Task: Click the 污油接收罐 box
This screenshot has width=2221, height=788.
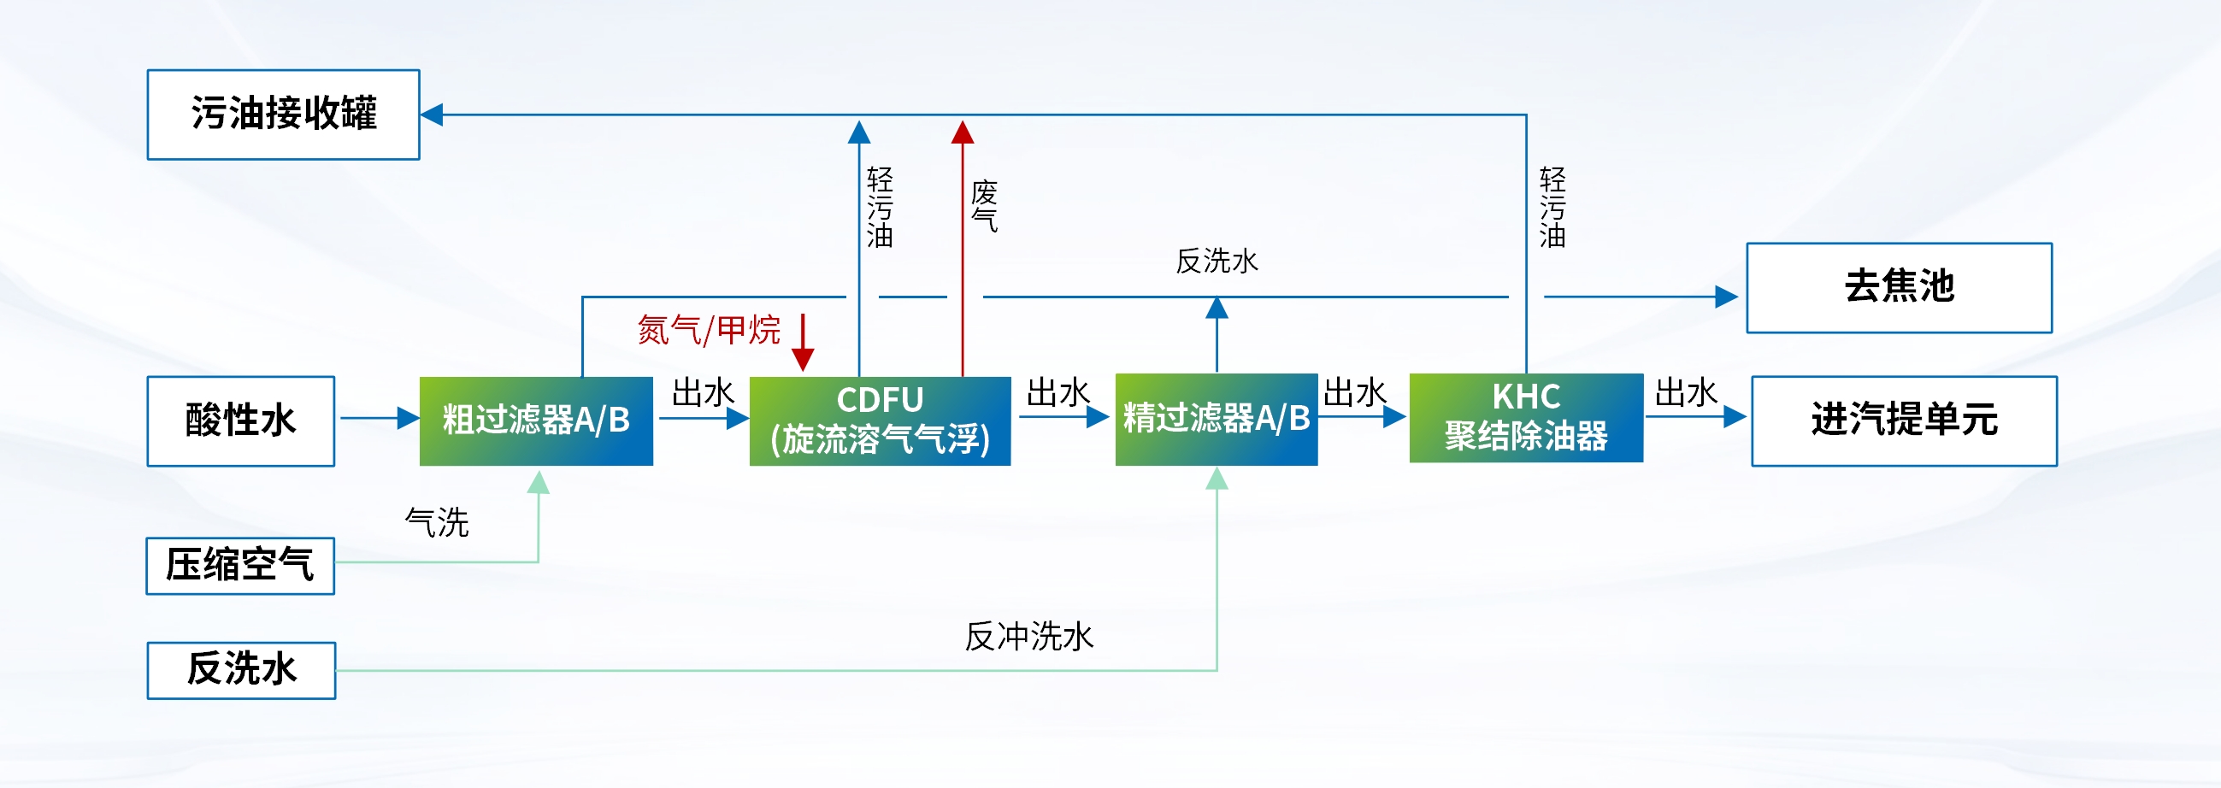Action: (283, 115)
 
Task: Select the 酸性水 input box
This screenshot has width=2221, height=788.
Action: (240, 420)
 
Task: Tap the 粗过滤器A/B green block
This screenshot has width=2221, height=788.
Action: (535, 420)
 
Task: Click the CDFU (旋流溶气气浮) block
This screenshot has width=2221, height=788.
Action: (880, 420)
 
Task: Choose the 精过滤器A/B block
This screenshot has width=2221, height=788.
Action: (1216, 419)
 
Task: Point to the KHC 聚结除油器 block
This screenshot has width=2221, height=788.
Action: (1525, 417)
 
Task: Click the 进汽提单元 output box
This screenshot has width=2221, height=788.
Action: (1904, 420)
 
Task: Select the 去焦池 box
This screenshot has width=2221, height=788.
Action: (1899, 287)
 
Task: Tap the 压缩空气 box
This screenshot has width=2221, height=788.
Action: (239, 566)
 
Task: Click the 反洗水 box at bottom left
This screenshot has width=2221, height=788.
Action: (241, 670)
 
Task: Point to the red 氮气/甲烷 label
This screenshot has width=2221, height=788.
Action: (708, 330)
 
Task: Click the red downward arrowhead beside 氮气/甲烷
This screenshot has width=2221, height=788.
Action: (803, 360)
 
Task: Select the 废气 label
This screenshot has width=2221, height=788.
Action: (984, 206)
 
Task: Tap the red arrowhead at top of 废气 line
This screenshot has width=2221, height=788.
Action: (963, 132)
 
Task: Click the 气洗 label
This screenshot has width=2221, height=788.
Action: (437, 522)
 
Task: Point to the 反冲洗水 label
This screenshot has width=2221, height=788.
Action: (1028, 637)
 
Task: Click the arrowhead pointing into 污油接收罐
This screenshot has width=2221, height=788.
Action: (432, 115)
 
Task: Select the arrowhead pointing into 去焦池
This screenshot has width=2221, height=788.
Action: (1726, 297)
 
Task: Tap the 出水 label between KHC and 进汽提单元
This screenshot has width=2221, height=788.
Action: (1686, 393)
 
